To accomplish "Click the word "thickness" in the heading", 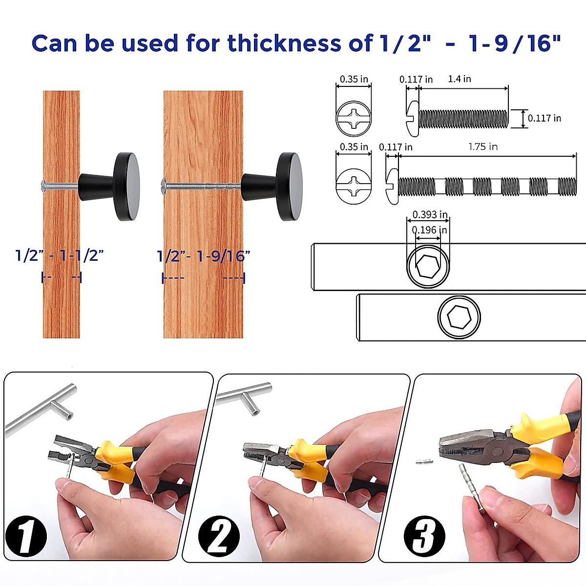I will [x=286, y=43].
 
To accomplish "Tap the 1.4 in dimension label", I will [x=460, y=79].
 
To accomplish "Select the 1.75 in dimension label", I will [x=483, y=146].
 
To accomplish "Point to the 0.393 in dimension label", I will [x=430, y=214].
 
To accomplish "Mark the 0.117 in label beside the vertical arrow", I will [x=544, y=118].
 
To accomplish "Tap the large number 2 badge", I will [x=219, y=536].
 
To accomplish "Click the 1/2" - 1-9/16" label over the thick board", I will [x=204, y=256].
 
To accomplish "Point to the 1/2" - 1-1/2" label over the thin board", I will [x=60, y=255].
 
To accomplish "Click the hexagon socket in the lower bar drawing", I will [x=459, y=317].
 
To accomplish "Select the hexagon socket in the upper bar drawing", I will [x=428, y=267].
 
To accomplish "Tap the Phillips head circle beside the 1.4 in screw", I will [x=354, y=118].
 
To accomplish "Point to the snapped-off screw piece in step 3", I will [x=425, y=461].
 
